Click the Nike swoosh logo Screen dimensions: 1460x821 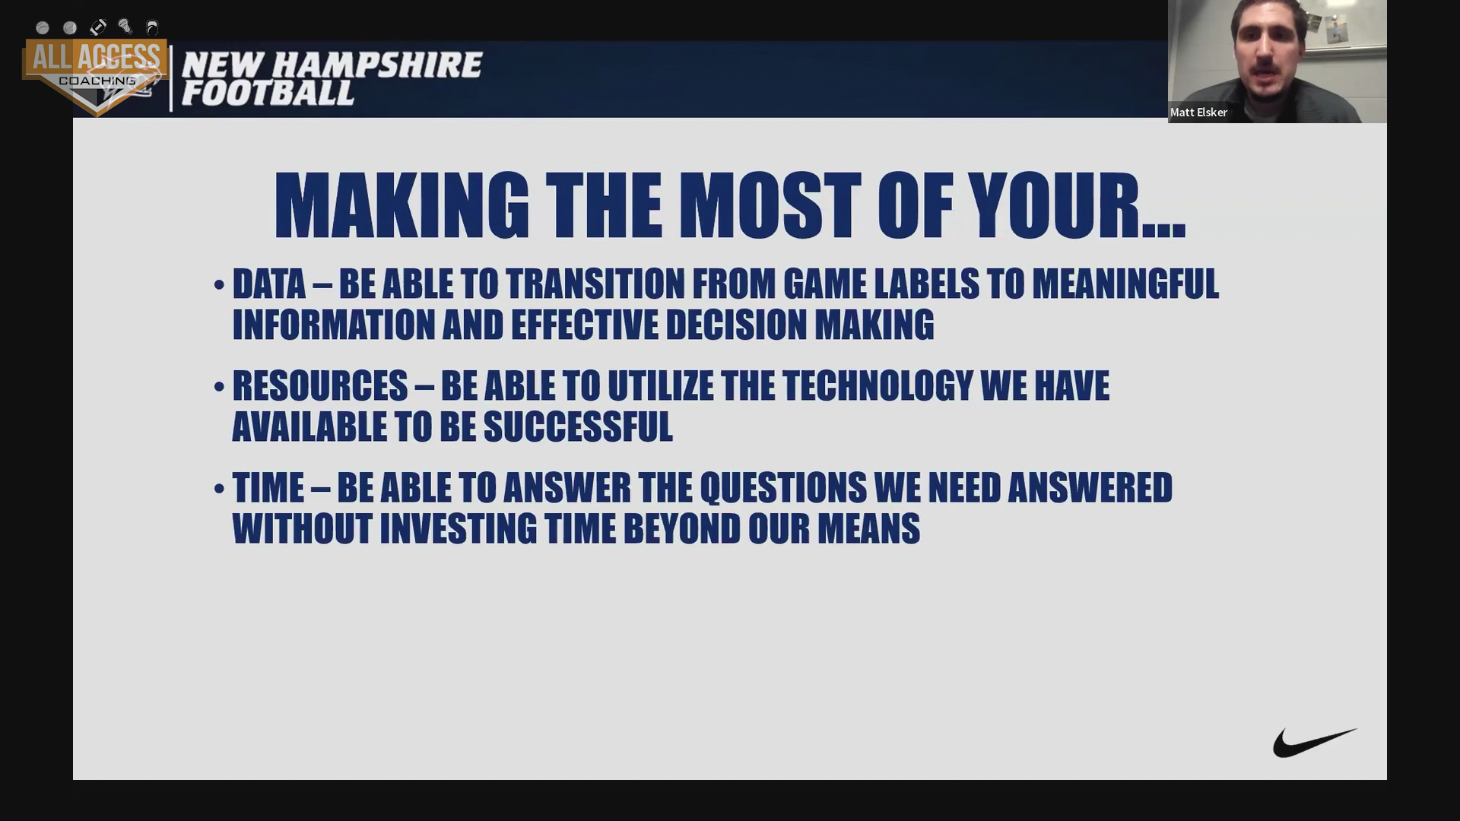(x=1314, y=743)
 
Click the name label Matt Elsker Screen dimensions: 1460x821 (x=1198, y=113)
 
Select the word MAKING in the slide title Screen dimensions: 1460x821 (x=401, y=205)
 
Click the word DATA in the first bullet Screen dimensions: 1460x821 (x=268, y=284)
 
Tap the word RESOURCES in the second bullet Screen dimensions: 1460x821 (x=320, y=386)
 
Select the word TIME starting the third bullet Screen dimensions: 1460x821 (x=268, y=488)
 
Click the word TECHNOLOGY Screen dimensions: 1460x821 (x=878, y=386)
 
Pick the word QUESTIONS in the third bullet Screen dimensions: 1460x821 (x=783, y=488)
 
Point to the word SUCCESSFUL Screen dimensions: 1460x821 (x=578, y=427)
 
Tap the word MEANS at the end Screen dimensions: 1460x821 (x=868, y=529)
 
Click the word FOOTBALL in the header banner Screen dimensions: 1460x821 (x=268, y=94)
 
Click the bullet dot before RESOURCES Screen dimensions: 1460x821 (x=219, y=387)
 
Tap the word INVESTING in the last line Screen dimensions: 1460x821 (x=459, y=529)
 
